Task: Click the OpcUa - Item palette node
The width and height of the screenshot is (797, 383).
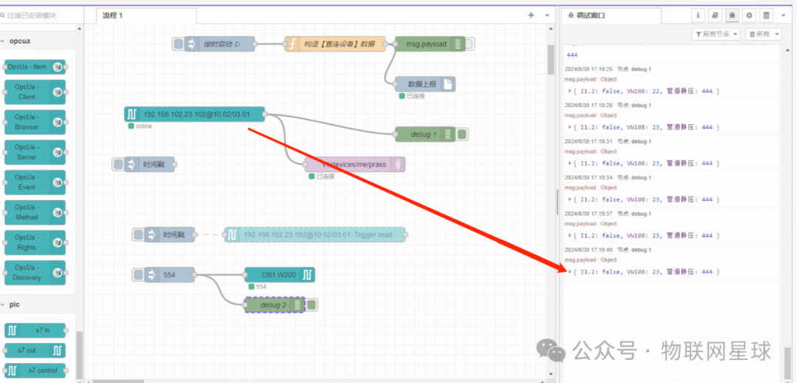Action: tap(35, 67)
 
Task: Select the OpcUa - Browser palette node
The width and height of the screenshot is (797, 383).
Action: tap(35, 122)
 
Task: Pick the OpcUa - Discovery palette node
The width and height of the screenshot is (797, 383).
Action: tap(35, 272)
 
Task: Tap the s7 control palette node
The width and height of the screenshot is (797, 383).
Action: tap(35, 370)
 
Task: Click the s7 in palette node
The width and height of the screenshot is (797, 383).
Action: tap(35, 330)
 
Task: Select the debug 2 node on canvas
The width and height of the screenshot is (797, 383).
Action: tap(274, 305)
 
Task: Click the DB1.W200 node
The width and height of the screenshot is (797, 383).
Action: tap(279, 275)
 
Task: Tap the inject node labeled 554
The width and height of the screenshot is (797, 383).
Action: tap(169, 275)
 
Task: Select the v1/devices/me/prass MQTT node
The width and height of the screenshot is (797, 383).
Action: tap(355, 165)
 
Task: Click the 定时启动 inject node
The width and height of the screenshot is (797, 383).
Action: tap(219, 44)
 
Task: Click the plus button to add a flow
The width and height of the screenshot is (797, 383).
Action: tap(530, 15)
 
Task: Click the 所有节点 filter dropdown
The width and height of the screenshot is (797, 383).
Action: tap(716, 34)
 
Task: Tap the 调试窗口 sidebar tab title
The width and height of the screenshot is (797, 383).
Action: tap(593, 15)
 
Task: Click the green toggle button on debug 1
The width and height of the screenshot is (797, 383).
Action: tap(462, 134)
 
